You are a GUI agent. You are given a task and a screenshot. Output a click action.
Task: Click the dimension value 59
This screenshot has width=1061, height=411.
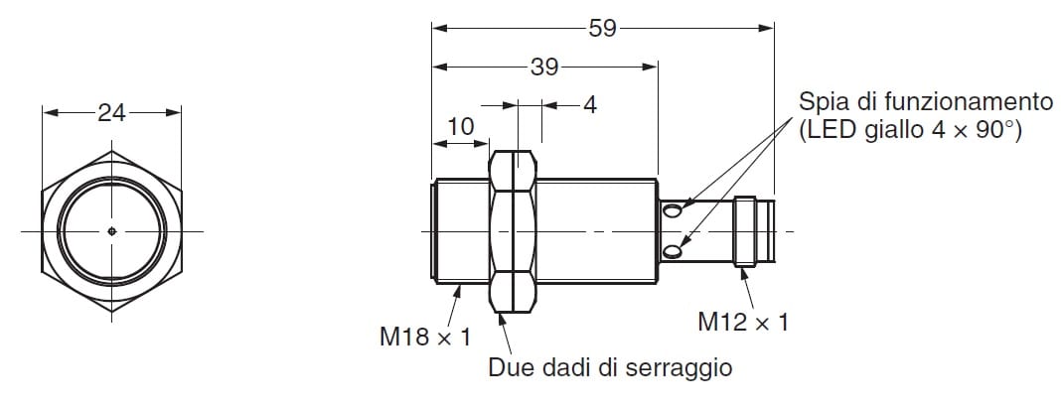(602, 29)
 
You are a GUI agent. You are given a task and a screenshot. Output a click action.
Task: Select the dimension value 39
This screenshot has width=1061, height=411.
(544, 67)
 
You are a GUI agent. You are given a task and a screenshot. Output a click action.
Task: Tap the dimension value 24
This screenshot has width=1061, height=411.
(111, 113)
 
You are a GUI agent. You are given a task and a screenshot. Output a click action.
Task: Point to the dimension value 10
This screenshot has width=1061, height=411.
(461, 126)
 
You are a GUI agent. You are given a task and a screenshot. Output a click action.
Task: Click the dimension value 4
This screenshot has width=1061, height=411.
(590, 105)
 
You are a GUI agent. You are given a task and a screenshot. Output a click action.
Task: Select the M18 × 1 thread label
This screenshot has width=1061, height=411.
(425, 336)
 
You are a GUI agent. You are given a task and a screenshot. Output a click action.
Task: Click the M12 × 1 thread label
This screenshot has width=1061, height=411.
(743, 323)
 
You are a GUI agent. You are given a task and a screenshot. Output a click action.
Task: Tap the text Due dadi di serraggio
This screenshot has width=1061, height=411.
(610, 367)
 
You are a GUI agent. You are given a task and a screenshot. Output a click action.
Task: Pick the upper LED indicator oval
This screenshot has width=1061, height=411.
(672, 211)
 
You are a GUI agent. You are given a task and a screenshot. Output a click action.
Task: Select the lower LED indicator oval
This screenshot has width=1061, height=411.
(672, 252)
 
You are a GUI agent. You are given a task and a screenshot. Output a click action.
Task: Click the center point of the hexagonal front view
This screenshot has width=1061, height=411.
(111, 231)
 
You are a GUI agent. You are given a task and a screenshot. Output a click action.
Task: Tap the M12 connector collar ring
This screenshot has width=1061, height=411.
(745, 231)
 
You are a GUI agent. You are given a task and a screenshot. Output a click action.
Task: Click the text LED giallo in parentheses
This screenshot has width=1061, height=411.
(864, 131)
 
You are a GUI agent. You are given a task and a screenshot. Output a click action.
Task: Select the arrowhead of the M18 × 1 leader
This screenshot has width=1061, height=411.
(458, 292)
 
